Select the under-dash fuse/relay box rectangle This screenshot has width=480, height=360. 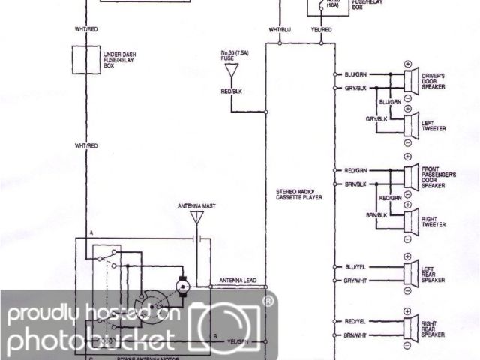(x=85, y=57)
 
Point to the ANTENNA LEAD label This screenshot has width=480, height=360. (x=238, y=280)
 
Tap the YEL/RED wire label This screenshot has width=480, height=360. (x=322, y=29)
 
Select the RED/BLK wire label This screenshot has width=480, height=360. (x=232, y=91)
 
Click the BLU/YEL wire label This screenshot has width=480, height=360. (x=355, y=266)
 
